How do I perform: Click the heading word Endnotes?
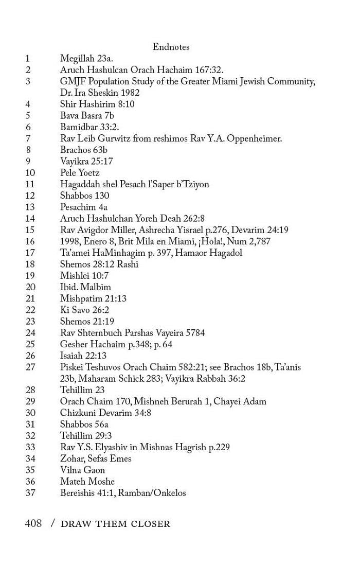click(x=171, y=47)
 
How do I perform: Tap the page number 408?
click(x=33, y=524)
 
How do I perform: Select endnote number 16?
click(x=30, y=241)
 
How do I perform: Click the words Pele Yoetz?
click(x=80, y=173)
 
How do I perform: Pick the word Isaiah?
click(x=73, y=356)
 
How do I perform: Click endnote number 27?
click(x=30, y=367)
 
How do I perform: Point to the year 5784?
click(x=194, y=333)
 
